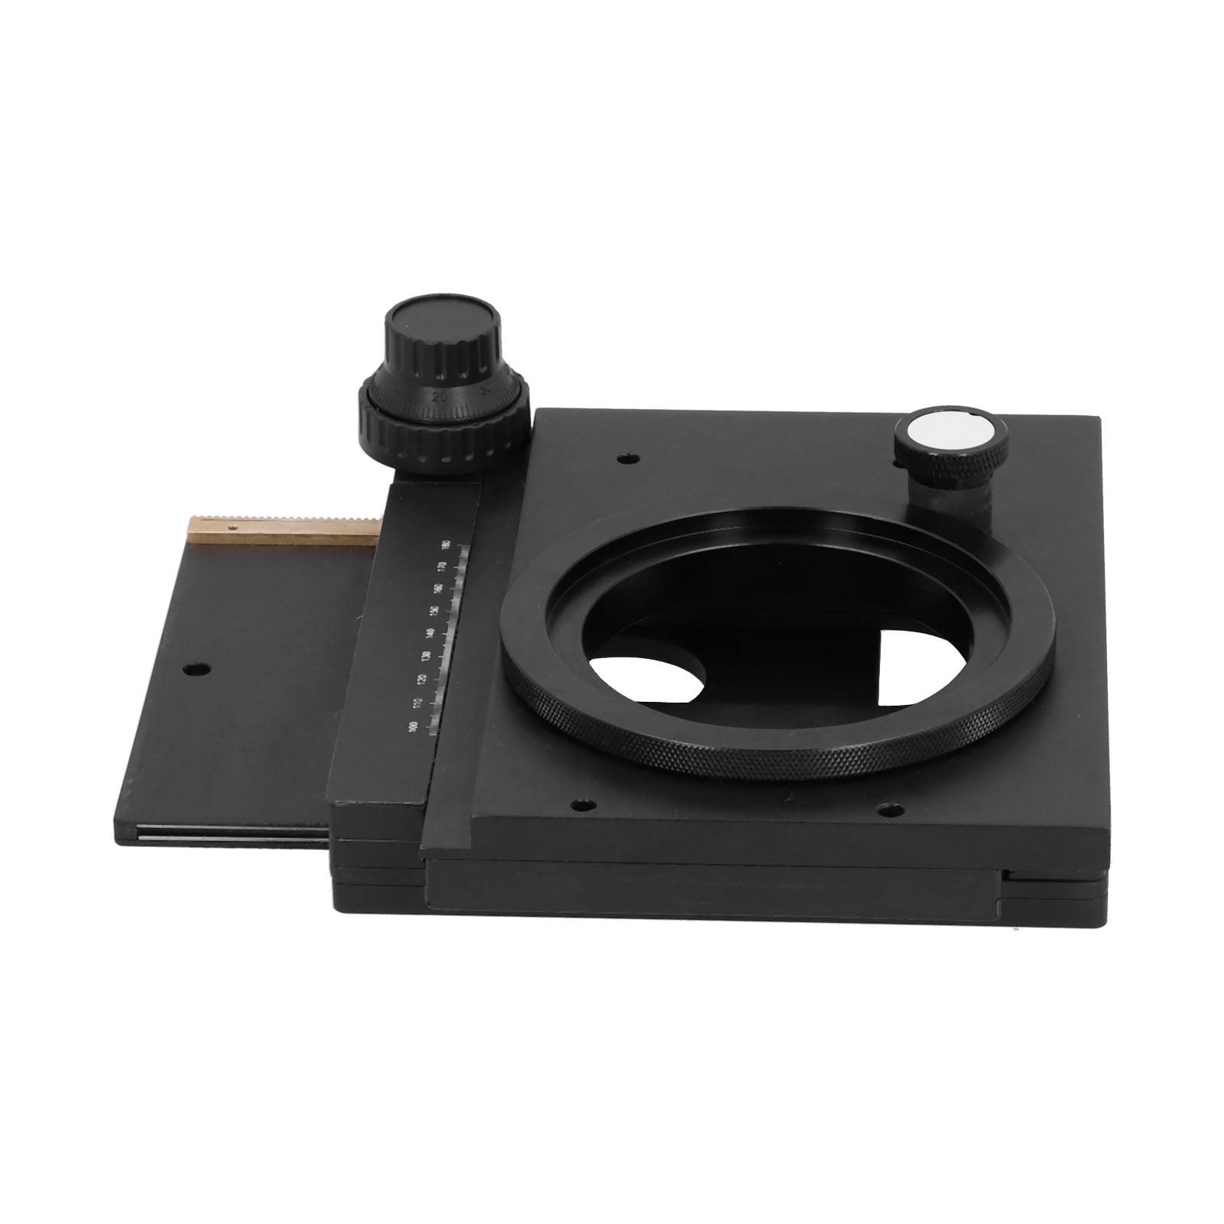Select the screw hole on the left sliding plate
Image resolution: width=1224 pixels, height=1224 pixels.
click(196, 669)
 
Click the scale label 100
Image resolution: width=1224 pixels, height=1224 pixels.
click(414, 726)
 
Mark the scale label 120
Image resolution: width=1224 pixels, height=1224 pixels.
click(421, 679)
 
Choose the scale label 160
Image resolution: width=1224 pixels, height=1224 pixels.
click(437, 589)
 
